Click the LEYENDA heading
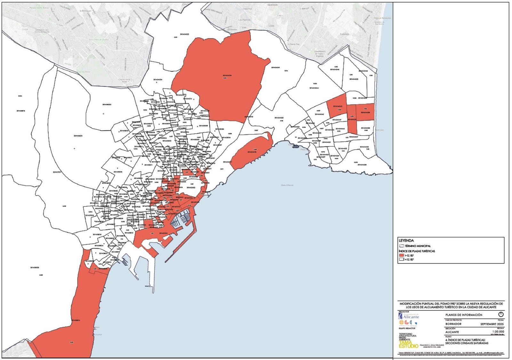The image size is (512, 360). point(406,240)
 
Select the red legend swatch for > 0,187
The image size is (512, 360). point(401,255)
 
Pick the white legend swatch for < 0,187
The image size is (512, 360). point(401,259)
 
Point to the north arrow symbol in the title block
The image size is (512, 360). point(501,315)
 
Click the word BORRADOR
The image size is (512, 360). point(453,324)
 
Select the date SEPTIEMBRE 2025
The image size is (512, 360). point(492,324)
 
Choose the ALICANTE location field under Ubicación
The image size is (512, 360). point(452,332)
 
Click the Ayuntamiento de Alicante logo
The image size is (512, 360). point(409,316)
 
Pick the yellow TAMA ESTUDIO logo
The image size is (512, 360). point(408,344)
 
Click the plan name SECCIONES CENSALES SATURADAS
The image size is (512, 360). point(467,343)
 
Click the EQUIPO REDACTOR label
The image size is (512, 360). point(407,328)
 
